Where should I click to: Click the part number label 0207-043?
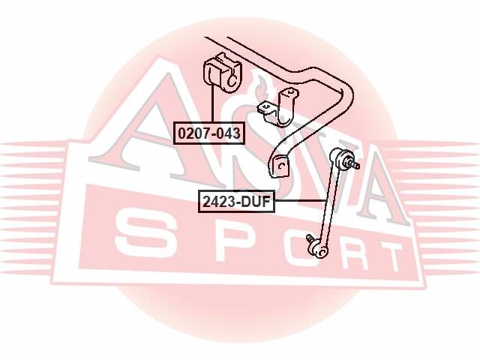point(209,133)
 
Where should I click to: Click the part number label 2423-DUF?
point(236,202)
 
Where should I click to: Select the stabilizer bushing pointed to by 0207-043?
point(222,73)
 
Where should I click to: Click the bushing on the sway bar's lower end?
point(279,166)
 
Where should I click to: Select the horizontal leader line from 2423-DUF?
point(300,201)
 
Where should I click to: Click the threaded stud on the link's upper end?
point(355,166)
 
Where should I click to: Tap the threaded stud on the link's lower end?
point(310,238)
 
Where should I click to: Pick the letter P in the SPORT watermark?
point(232,244)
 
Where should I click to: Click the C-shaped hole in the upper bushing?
point(231,81)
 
